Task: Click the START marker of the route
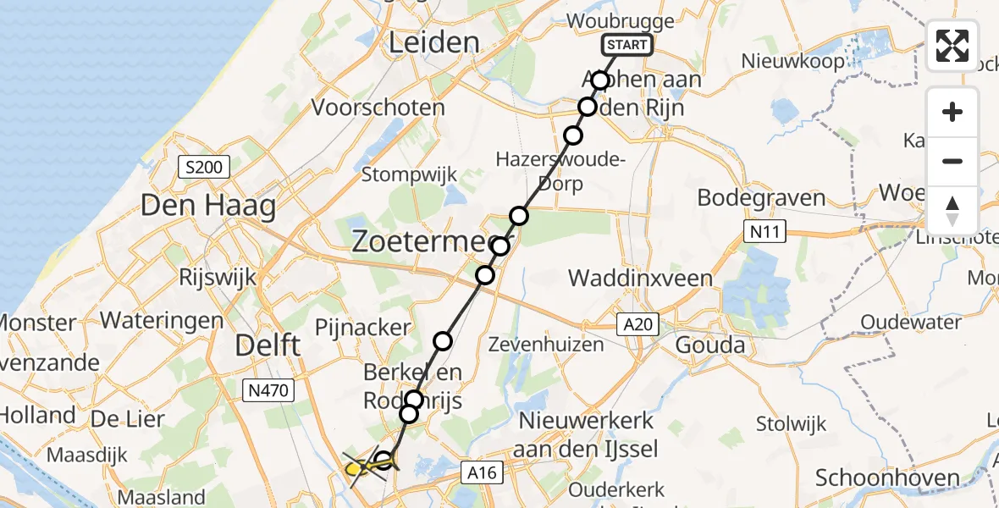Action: click(627, 45)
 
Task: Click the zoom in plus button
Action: click(952, 112)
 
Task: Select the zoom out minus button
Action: click(952, 161)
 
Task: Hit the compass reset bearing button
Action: click(952, 210)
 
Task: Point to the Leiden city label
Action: click(433, 42)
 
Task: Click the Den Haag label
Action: click(208, 206)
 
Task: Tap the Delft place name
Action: click(268, 345)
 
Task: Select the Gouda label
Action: click(709, 345)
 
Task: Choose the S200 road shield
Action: click(203, 167)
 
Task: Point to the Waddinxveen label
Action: click(640, 278)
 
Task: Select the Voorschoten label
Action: click(378, 108)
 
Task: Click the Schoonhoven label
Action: click(887, 478)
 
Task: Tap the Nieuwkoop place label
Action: click(792, 62)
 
